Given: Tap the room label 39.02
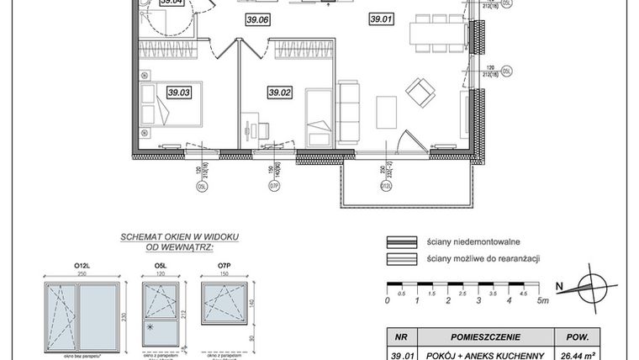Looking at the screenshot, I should click(x=279, y=93).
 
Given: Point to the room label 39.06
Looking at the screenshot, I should click(x=257, y=19).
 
